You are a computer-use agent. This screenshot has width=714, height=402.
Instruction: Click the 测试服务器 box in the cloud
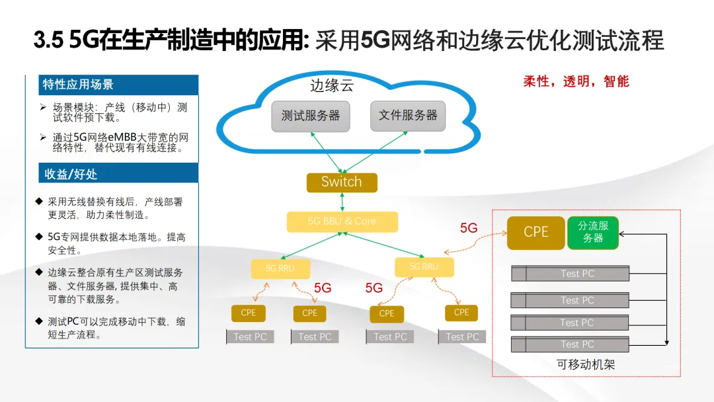(311, 116)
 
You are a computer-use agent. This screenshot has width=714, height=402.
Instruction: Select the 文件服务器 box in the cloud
(408, 116)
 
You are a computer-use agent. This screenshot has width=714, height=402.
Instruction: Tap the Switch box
(342, 182)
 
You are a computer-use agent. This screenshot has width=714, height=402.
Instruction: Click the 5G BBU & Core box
(342, 221)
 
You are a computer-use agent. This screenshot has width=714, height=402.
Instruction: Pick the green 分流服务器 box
(593, 233)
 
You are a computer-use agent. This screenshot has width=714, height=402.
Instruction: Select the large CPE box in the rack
(535, 233)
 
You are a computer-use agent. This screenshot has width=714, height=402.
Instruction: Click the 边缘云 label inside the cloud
(333, 86)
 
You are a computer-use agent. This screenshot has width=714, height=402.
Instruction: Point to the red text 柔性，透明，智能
(576, 81)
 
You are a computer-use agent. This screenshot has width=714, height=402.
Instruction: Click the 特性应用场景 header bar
(112, 85)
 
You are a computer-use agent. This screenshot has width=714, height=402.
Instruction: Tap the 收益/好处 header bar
(112, 173)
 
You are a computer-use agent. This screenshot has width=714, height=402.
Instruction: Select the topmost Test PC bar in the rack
(571, 274)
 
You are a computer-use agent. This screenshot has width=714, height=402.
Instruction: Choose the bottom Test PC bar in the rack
(571, 344)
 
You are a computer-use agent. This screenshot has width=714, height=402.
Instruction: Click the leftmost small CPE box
(248, 313)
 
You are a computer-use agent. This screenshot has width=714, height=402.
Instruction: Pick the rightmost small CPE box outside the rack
(461, 313)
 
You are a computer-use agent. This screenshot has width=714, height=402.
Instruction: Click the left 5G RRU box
(280, 269)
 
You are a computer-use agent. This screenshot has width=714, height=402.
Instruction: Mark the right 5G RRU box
(424, 266)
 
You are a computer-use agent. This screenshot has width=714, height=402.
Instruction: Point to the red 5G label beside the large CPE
(469, 228)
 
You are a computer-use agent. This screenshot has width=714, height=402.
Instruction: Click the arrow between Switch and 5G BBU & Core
(342, 202)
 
